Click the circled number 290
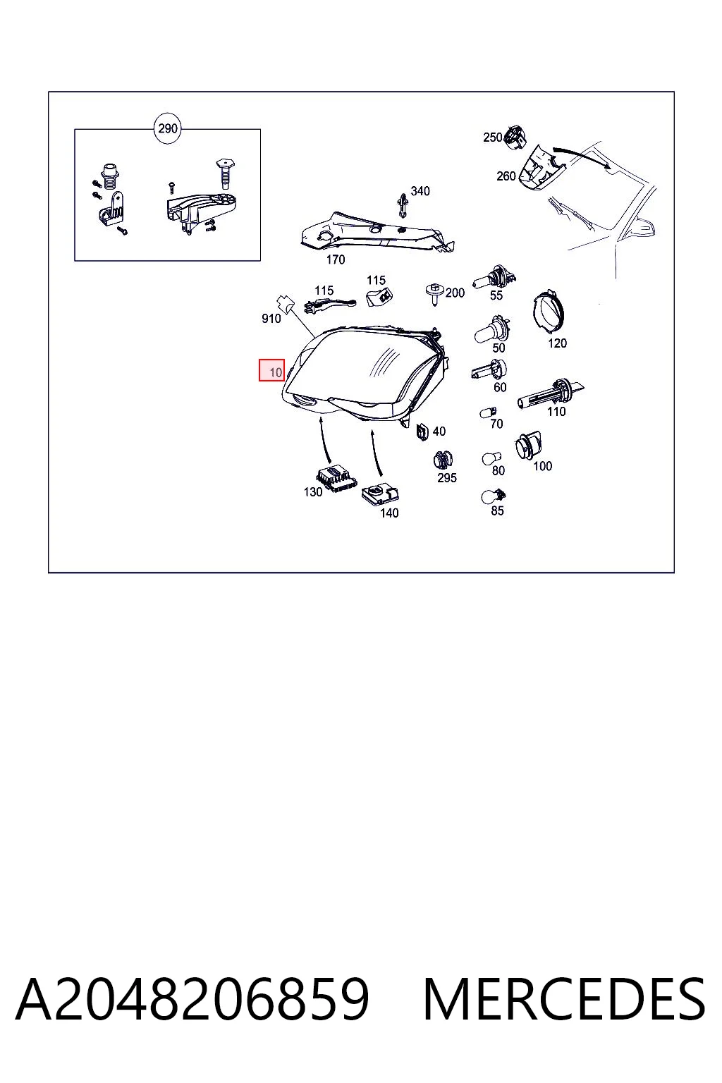(167, 128)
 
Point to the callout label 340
(420, 192)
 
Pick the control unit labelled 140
(381, 494)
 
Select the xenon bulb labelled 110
(550, 393)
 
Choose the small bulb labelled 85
(493, 496)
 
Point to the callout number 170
(336, 259)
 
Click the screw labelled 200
(435, 294)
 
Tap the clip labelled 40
(422, 432)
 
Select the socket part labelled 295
(443, 460)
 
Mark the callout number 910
(271, 319)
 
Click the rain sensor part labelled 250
(515, 136)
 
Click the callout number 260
(506, 176)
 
